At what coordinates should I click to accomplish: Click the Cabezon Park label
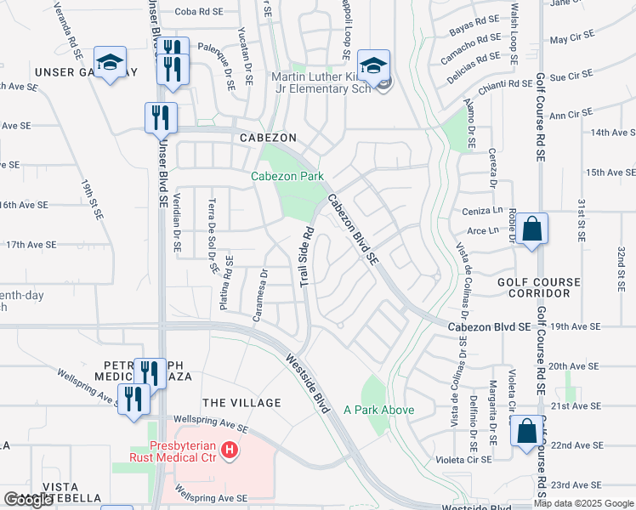pyautogui.click(x=287, y=177)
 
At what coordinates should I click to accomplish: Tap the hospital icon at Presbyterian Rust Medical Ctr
pyautogui.click(x=229, y=451)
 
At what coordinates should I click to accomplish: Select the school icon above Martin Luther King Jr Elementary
pyautogui.click(x=372, y=63)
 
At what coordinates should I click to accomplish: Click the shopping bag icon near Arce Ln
pyautogui.click(x=531, y=229)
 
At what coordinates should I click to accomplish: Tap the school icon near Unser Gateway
pyautogui.click(x=110, y=62)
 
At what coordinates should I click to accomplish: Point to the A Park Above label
pyautogui.click(x=379, y=410)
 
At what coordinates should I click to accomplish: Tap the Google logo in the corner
pyautogui.click(x=28, y=500)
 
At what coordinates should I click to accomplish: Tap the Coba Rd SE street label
pyautogui.click(x=200, y=12)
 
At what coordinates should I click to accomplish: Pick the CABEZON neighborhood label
pyautogui.click(x=268, y=137)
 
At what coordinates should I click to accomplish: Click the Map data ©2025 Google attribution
pyautogui.click(x=582, y=503)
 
